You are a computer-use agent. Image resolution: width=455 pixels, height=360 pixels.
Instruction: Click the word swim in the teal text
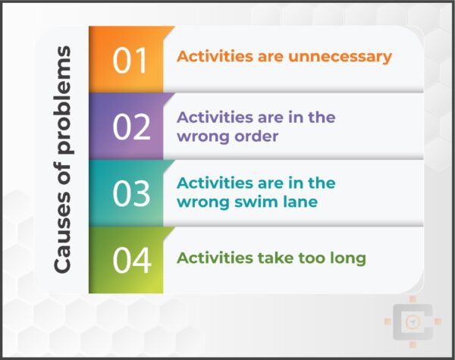pyautogui.click(x=244, y=202)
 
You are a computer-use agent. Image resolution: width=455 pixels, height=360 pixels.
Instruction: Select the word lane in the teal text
pyautogui.click(x=293, y=202)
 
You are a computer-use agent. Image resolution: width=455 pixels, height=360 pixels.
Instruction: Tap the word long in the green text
pyautogui.click(x=345, y=258)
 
